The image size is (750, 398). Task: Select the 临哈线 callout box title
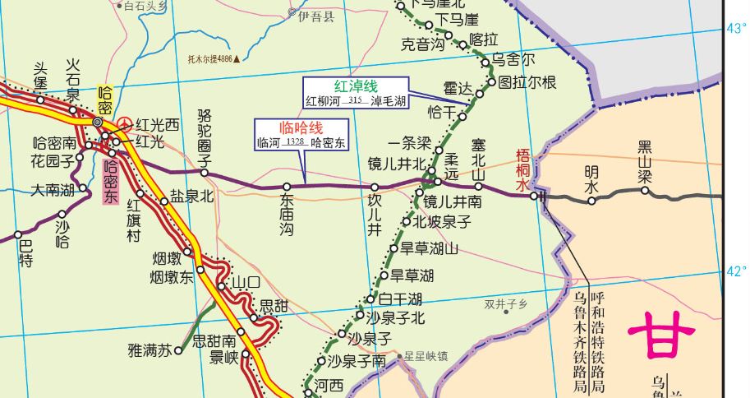301,127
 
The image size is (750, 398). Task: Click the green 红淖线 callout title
356,86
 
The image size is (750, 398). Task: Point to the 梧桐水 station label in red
522,169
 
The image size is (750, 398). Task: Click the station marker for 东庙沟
287,187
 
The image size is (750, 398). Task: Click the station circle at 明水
591,200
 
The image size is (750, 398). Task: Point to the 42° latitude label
736,272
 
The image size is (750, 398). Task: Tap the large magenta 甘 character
661,337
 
